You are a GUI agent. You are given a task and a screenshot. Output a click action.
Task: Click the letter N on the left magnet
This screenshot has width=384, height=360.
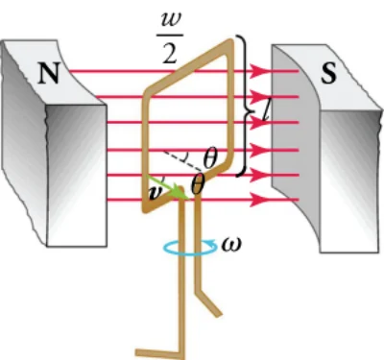[49, 73]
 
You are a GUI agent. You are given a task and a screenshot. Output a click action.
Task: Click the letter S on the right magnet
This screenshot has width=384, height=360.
[329, 74]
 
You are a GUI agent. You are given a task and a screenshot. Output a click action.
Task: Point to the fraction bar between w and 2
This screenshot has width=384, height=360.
[170, 35]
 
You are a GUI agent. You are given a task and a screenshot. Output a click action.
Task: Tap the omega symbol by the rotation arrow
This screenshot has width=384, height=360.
[231, 245]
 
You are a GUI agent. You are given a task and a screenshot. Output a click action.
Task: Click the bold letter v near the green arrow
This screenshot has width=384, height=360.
[155, 194]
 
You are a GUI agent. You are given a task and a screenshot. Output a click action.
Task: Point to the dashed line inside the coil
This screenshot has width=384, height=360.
[182, 160]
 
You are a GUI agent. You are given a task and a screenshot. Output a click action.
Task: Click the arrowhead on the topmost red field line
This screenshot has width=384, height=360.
[258, 71]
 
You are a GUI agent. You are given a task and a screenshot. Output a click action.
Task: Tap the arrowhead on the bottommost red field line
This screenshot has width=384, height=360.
[258, 200]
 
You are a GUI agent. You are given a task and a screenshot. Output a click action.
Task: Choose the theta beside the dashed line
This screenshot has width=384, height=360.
[210, 158]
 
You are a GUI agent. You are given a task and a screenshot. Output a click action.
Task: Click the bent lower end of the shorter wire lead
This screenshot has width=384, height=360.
[209, 301]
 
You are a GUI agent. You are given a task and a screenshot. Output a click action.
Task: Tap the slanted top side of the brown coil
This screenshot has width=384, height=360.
[189, 65]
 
